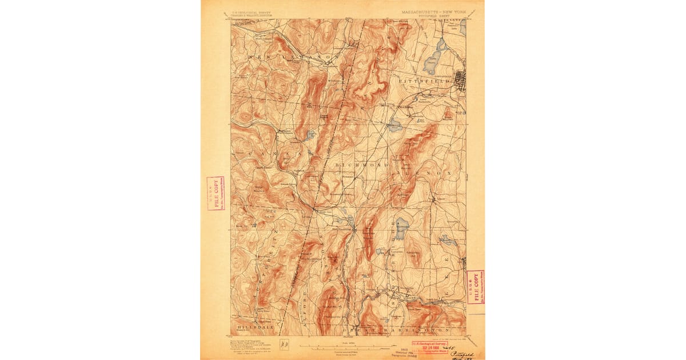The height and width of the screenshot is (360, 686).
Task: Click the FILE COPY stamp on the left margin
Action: coord(216,194)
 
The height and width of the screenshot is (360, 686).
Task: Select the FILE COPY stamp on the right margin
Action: coord(475,287)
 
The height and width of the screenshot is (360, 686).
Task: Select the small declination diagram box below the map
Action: coord(284,344)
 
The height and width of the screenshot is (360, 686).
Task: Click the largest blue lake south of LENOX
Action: coord(402,228)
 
